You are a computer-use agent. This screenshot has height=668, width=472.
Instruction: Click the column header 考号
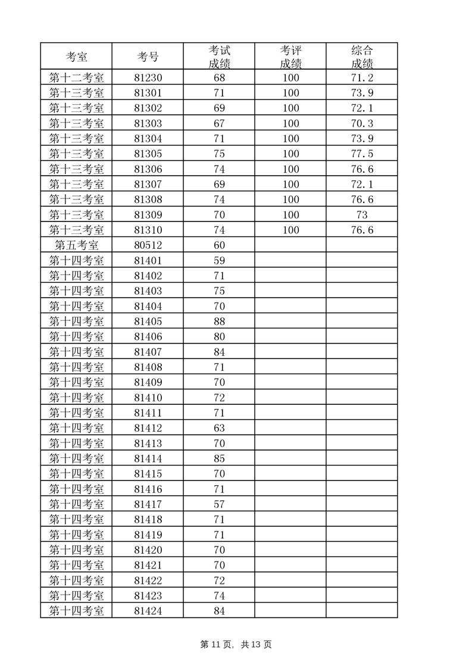click(x=148, y=57)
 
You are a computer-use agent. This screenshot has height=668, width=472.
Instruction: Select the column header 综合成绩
click(x=362, y=57)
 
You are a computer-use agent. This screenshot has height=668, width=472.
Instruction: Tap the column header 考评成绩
click(x=290, y=57)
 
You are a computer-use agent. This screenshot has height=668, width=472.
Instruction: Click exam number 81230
click(x=148, y=78)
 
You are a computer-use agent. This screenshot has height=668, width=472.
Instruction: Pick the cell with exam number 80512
click(x=148, y=245)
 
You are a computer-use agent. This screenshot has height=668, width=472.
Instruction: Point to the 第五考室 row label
click(x=76, y=245)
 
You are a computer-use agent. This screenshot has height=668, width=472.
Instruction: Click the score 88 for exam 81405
click(x=219, y=321)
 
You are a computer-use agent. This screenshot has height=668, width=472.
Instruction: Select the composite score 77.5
click(x=362, y=154)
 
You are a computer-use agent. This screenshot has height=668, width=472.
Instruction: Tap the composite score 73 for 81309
click(x=362, y=215)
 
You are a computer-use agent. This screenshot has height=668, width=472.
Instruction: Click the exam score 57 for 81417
click(x=219, y=504)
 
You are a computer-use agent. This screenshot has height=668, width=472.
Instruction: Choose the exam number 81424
click(x=148, y=611)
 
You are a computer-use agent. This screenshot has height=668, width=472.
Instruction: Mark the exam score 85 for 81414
click(x=219, y=458)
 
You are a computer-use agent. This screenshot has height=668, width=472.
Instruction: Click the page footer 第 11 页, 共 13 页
click(x=236, y=645)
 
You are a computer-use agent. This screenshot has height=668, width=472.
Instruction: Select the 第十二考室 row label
click(x=76, y=78)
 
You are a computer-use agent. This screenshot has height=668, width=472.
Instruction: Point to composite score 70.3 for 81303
click(x=362, y=124)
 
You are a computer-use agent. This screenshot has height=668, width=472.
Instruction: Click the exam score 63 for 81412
click(x=219, y=428)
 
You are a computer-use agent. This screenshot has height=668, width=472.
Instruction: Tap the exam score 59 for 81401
click(x=219, y=261)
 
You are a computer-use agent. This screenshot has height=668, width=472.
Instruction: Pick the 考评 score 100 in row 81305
click(x=290, y=154)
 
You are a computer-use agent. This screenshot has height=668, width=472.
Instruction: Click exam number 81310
click(x=148, y=230)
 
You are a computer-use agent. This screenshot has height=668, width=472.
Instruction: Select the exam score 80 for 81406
click(x=219, y=337)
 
